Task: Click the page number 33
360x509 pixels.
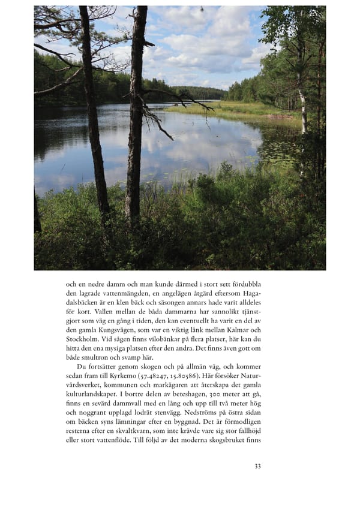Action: (x=257, y=466)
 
